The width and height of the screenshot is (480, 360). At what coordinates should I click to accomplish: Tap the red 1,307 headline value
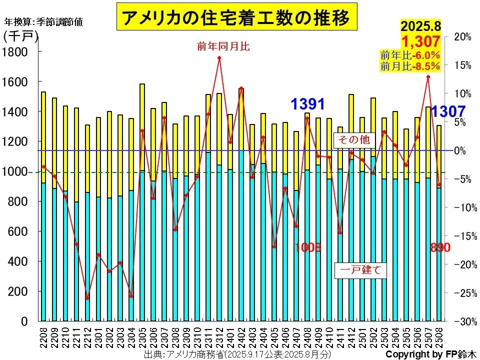tap(420, 41)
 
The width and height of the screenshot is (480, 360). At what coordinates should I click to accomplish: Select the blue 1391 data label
tap(308, 104)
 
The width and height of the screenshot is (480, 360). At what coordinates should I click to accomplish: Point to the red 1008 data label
tap(307, 247)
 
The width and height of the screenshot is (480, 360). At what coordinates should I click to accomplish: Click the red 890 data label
tap(440, 247)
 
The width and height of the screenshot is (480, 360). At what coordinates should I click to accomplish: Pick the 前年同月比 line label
tap(223, 46)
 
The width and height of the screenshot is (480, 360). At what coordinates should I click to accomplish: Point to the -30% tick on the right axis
tap(462, 321)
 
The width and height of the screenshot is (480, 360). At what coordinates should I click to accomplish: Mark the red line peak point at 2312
tap(219, 58)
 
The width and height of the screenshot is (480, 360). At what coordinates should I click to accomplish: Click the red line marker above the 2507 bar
tap(428, 77)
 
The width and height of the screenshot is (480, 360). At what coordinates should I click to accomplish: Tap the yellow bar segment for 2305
tap(142, 127)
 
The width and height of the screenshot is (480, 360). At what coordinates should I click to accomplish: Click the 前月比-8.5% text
tap(410, 66)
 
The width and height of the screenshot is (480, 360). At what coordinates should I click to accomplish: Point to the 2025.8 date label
tap(420, 26)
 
